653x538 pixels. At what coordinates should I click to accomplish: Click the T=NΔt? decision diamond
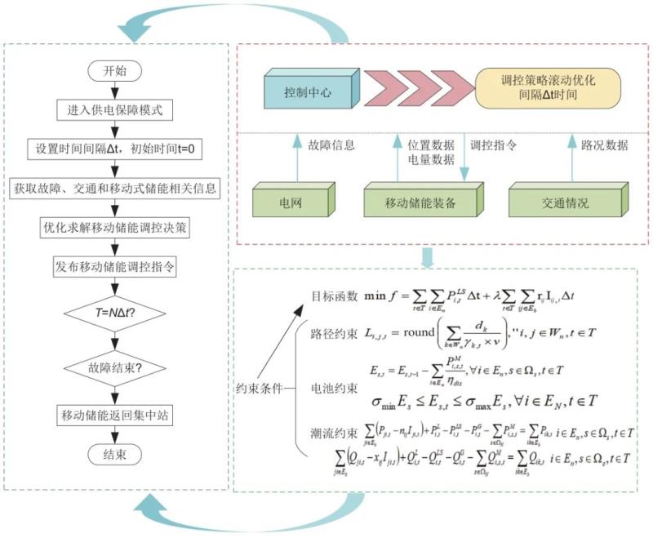coord(115,311)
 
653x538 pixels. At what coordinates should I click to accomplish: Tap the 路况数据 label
coord(604,147)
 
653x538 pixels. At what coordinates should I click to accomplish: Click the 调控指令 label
coord(493,147)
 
